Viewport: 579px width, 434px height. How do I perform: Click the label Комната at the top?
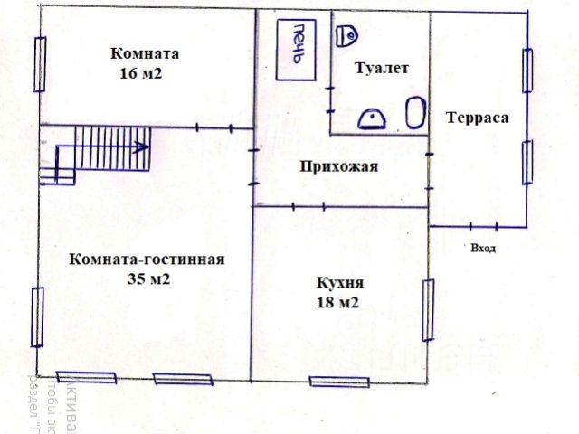144,52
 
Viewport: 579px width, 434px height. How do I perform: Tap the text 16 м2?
139,73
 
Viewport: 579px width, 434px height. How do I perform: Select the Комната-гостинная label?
146,259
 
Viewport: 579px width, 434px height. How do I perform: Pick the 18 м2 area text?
337,303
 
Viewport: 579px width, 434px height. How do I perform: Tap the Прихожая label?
338,166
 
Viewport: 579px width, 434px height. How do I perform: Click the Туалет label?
383,68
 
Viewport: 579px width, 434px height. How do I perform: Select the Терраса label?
478,118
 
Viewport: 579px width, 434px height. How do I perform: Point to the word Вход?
483,247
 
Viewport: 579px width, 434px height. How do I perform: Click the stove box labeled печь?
296,49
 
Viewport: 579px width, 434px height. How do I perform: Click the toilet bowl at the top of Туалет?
346,35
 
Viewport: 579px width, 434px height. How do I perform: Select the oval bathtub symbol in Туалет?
414,115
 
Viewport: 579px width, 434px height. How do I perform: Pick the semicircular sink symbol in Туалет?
373,118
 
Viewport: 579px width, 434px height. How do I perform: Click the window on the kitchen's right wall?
428,309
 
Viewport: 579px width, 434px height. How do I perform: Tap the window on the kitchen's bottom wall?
339,382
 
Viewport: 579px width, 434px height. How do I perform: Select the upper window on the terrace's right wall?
527,70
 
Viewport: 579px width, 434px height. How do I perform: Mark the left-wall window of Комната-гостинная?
37,316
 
